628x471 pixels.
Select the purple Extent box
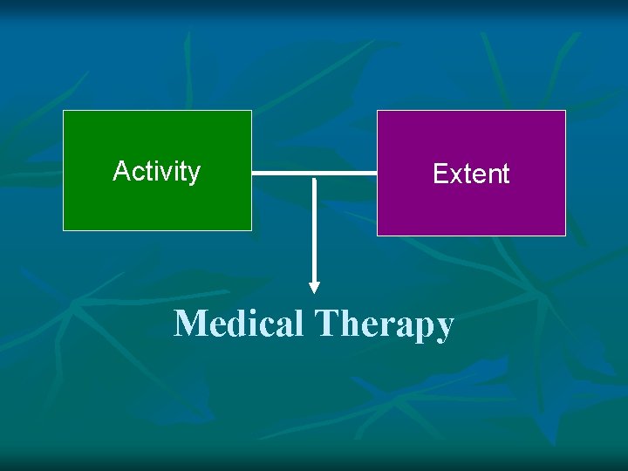[471, 209]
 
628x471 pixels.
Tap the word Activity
[157, 171]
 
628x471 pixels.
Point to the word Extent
[471, 174]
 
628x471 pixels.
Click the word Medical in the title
[238, 324]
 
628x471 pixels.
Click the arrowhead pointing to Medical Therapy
[315, 286]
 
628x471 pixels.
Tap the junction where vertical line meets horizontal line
[315, 174]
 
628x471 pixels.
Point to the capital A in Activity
[121, 171]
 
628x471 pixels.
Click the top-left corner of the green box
[64, 111]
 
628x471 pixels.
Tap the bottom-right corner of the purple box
[565, 235]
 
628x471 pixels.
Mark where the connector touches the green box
[253, 174]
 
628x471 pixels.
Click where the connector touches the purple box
[376, 174]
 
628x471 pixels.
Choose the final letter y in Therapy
[445, 329]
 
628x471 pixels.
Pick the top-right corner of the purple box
[565, 111]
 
